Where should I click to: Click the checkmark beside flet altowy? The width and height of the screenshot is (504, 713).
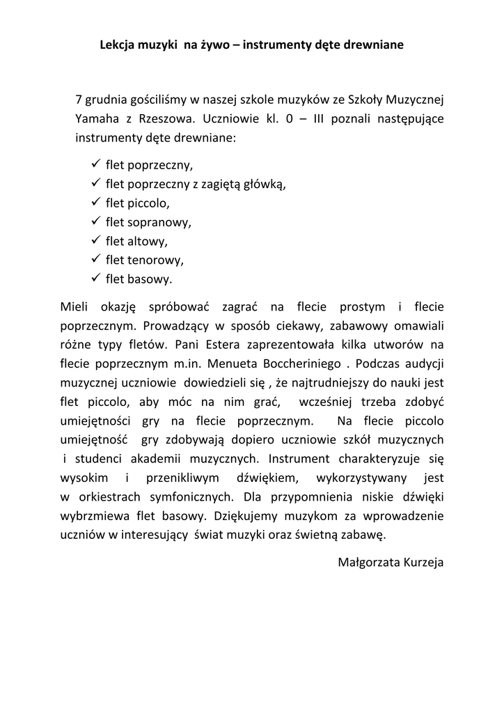click(x=96, y=240)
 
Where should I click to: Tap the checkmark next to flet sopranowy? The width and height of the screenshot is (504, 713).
click(x=96, y=221)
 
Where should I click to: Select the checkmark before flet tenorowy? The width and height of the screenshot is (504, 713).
click(x=96, y=259)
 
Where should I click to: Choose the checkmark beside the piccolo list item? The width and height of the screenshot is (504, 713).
click(x=96, y=203)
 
